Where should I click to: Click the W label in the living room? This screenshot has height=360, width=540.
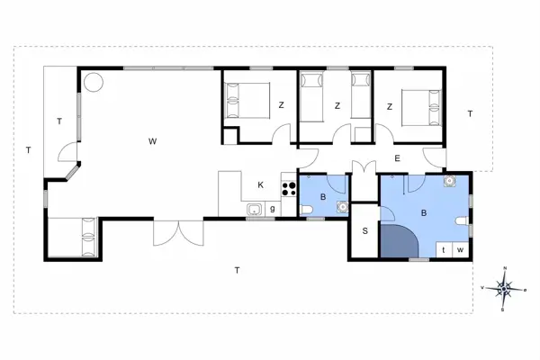pyautogui.click(x=153, y=141)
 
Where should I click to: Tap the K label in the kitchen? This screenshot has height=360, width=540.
pyautogui.click(x=261, y=185)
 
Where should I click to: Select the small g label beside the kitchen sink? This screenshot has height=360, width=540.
pyautogui.click(x=272, y=209)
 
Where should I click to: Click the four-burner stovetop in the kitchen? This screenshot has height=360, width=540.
pyautogui.click(x=290, y=189)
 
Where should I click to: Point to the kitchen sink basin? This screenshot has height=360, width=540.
pyautogui.click(x=255, y=211)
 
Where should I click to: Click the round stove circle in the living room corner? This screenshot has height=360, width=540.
pyautogui.click(x=93, y=82)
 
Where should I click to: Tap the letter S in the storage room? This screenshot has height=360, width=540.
pyautogui.click(x=365, y=230)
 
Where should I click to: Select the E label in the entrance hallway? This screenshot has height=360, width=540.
pyautogui.click(x=397, y=159)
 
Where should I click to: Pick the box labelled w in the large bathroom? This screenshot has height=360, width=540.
pyautogui.click(x=460, y=249)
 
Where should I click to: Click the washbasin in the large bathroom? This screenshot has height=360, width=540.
pyautogui.click(x=449, y=180)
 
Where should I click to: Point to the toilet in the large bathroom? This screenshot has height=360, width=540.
pyautogui.click(x=463, y=222)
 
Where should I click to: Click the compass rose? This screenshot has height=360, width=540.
pyautogui.click(x=505, y=289)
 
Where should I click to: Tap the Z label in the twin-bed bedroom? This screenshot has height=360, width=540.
pyautogui.click(x=337, y=106)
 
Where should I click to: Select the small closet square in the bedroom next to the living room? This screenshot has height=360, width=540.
pyautogui.click(x=230, y=137)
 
